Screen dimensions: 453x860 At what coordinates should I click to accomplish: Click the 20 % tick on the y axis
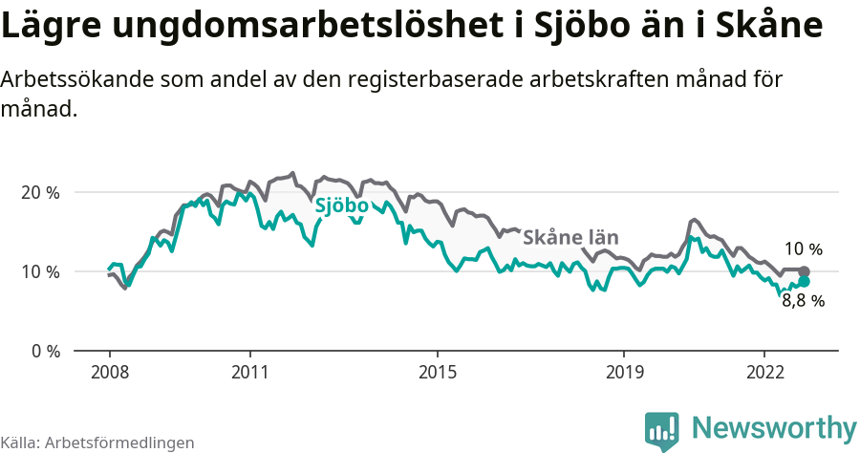pyautogui.click(x=40, y=192)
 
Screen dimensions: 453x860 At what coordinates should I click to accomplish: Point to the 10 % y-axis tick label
pyautogui.click(x=40, y=271)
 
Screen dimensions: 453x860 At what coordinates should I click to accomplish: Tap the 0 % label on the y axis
pyautogui.click(x=45, y=351)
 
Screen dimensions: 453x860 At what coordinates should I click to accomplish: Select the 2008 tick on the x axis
pyautogui.click(x=110, y=371)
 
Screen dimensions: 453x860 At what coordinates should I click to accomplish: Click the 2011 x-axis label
pyautogui.click(x=249, y=371)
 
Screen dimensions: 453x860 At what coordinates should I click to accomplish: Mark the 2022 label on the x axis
pyautogui.click(x=764, y=371)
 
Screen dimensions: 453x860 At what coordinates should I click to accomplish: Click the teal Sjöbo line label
pyautogui.click(x=342, y=205)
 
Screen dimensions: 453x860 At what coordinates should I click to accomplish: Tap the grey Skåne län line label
pyautogui.click(x=571, y=238)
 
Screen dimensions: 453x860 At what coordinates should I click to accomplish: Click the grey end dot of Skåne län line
pyautogui.click(x=804, y=271)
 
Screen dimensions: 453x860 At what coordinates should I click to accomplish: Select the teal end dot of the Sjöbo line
pyautogui.click(x=804, y=281)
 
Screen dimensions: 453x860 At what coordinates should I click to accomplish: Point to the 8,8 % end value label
pyautogui.click(x=804, y=300)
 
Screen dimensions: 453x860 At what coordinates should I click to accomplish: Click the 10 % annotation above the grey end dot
pyautogui.click(x=804, y=250)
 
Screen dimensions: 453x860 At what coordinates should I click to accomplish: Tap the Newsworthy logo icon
pyautogui.click(x=662, y=431)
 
